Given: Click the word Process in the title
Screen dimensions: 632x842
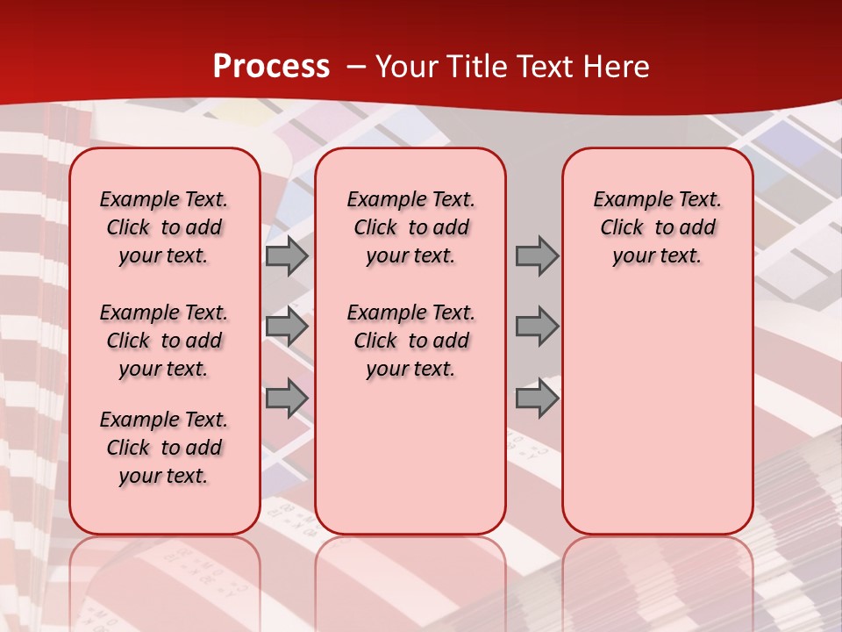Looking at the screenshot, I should coord(271,66).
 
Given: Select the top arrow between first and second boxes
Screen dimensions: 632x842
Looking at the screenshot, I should coord(287,256).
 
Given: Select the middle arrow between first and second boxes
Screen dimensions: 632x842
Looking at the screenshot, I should coord(287,327).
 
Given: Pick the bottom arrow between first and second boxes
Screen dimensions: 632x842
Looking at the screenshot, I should coord(287,399).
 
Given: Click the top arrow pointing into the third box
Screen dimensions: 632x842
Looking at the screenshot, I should coord(537,256).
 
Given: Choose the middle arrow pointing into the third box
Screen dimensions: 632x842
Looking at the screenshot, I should coord(537,327).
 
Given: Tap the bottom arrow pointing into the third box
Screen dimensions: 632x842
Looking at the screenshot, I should coord(537,399).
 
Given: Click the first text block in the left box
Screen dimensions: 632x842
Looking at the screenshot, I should coord(164,227).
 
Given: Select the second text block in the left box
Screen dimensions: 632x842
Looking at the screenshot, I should coord(164,341).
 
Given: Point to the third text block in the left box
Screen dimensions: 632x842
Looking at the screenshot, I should coord(164,448).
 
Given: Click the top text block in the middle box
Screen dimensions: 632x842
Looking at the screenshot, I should coord(410,227).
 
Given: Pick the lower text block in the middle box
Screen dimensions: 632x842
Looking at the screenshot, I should coord(410,341).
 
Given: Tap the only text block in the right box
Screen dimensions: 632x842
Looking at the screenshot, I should coord(657,227).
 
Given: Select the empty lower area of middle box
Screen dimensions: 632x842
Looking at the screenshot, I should coord(410,456).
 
